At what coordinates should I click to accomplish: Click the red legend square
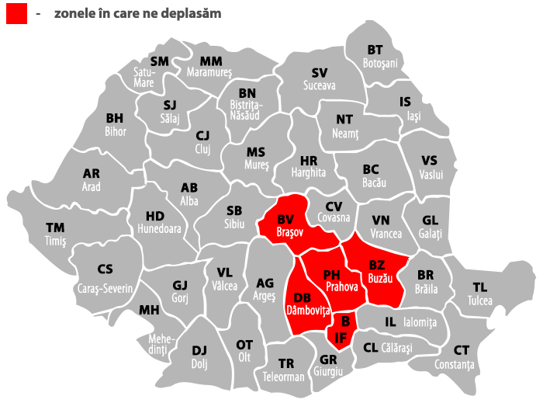pos(17,13)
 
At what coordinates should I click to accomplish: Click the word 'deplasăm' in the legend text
pos(191,13)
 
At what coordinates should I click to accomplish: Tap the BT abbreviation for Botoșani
pos(375,50)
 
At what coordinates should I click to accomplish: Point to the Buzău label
pos(380,277)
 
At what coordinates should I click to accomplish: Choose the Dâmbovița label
pos(308,310)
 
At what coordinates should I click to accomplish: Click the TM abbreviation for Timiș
pos(55,228)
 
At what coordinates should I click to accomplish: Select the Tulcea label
pos(479,301)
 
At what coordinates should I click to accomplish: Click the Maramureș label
pos(209,72)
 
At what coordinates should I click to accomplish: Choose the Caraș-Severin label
pos(105,288)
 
